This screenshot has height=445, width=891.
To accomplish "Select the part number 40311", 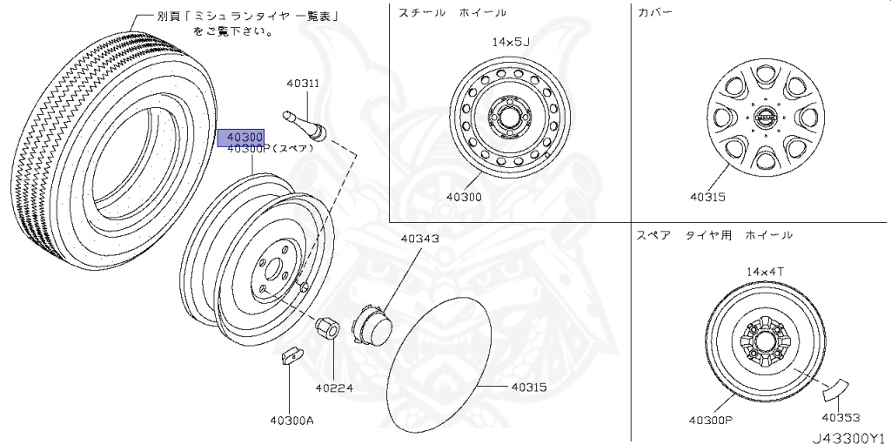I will coord(303,84).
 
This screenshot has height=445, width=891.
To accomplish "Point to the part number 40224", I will coord(334,388).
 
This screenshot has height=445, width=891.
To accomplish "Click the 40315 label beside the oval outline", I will coord(529,387).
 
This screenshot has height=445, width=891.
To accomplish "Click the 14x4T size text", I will coord(765,272).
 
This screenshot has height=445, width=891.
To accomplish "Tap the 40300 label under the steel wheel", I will coord(464,197).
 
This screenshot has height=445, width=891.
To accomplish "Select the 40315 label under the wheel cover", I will coord(707,197).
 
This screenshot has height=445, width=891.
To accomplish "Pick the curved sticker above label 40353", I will coord(834,387).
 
